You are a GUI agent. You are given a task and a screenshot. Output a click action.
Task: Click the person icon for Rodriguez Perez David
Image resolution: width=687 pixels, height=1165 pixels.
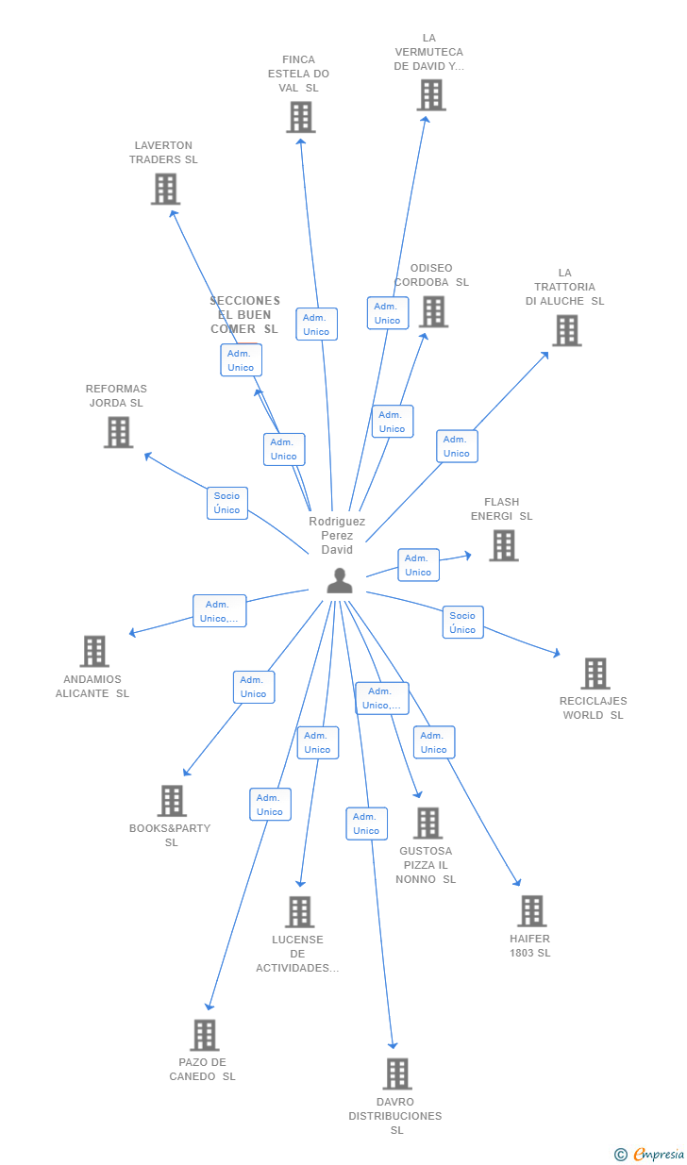tap(340, 581)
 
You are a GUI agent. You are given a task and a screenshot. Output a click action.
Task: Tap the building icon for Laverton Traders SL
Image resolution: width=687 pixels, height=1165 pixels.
tap(165, 190)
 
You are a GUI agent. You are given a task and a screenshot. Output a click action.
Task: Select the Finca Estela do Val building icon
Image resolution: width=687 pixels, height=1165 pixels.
tap(300, 117)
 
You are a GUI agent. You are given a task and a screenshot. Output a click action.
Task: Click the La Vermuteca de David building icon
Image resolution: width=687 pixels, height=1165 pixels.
tap(430, 95)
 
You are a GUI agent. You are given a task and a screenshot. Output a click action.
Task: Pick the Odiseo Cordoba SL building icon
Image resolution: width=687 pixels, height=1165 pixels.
tap(433, 312)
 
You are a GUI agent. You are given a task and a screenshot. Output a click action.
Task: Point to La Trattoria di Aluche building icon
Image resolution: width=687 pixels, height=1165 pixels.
tap(566, 331)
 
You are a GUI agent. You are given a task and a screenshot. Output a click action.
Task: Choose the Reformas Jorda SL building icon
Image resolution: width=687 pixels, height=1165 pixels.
tap(118, 432)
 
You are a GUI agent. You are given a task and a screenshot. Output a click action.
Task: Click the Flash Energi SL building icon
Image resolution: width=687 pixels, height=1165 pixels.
tap(503, 545)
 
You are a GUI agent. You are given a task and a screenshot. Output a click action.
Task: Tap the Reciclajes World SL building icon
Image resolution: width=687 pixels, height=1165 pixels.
tap(595, 674)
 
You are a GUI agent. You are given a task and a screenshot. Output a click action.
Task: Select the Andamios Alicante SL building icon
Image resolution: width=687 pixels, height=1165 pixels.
tap(94, 651)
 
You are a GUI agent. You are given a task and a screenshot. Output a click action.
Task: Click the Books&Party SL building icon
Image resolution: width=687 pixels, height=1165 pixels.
tap(172, 801)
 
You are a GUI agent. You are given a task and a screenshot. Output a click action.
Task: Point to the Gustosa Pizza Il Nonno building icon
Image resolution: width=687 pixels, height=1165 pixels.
tap(427, 823)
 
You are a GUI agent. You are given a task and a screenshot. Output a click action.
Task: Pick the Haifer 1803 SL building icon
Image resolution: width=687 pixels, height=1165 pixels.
tap(531, 911)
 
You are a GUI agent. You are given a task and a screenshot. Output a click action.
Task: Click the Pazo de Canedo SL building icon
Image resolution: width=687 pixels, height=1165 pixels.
tap(204, 1035)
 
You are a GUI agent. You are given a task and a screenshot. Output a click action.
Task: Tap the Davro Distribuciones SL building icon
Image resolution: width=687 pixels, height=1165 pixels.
tap(396, 1073)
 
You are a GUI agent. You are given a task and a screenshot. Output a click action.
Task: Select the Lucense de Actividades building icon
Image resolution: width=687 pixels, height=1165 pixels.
tap(299, 912)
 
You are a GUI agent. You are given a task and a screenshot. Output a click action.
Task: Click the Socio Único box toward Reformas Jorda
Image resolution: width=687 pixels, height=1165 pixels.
tap(226, 503)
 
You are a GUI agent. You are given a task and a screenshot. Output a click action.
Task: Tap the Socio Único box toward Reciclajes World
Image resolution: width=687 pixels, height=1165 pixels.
tap(462, 623)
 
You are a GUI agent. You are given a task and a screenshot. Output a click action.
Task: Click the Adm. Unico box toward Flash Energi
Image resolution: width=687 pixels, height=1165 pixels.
tap(418, 565)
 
